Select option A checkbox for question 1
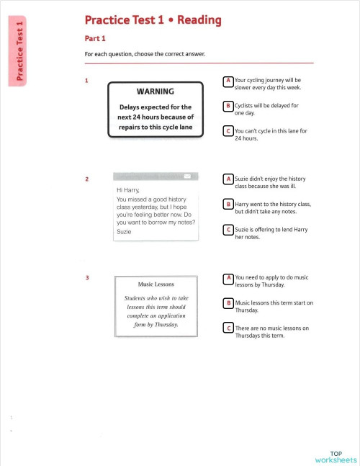click(228, 81)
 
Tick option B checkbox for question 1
click(228, 106)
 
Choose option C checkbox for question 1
click(228, 131)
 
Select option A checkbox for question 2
click(228, 179)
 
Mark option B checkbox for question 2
click(228, 205)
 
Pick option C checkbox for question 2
click(228, 230)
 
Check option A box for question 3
click(228, 277)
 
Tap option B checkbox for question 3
click(228, 303)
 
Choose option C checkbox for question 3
click(228, 328)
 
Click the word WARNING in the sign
click(156, 91)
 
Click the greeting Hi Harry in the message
click(127, 190)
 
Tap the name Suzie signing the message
click(124, 231)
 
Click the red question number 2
click(86, 179)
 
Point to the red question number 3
click(86, 277)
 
